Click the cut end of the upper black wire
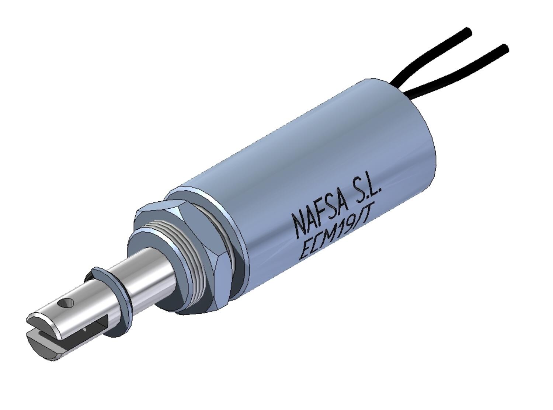468,31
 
